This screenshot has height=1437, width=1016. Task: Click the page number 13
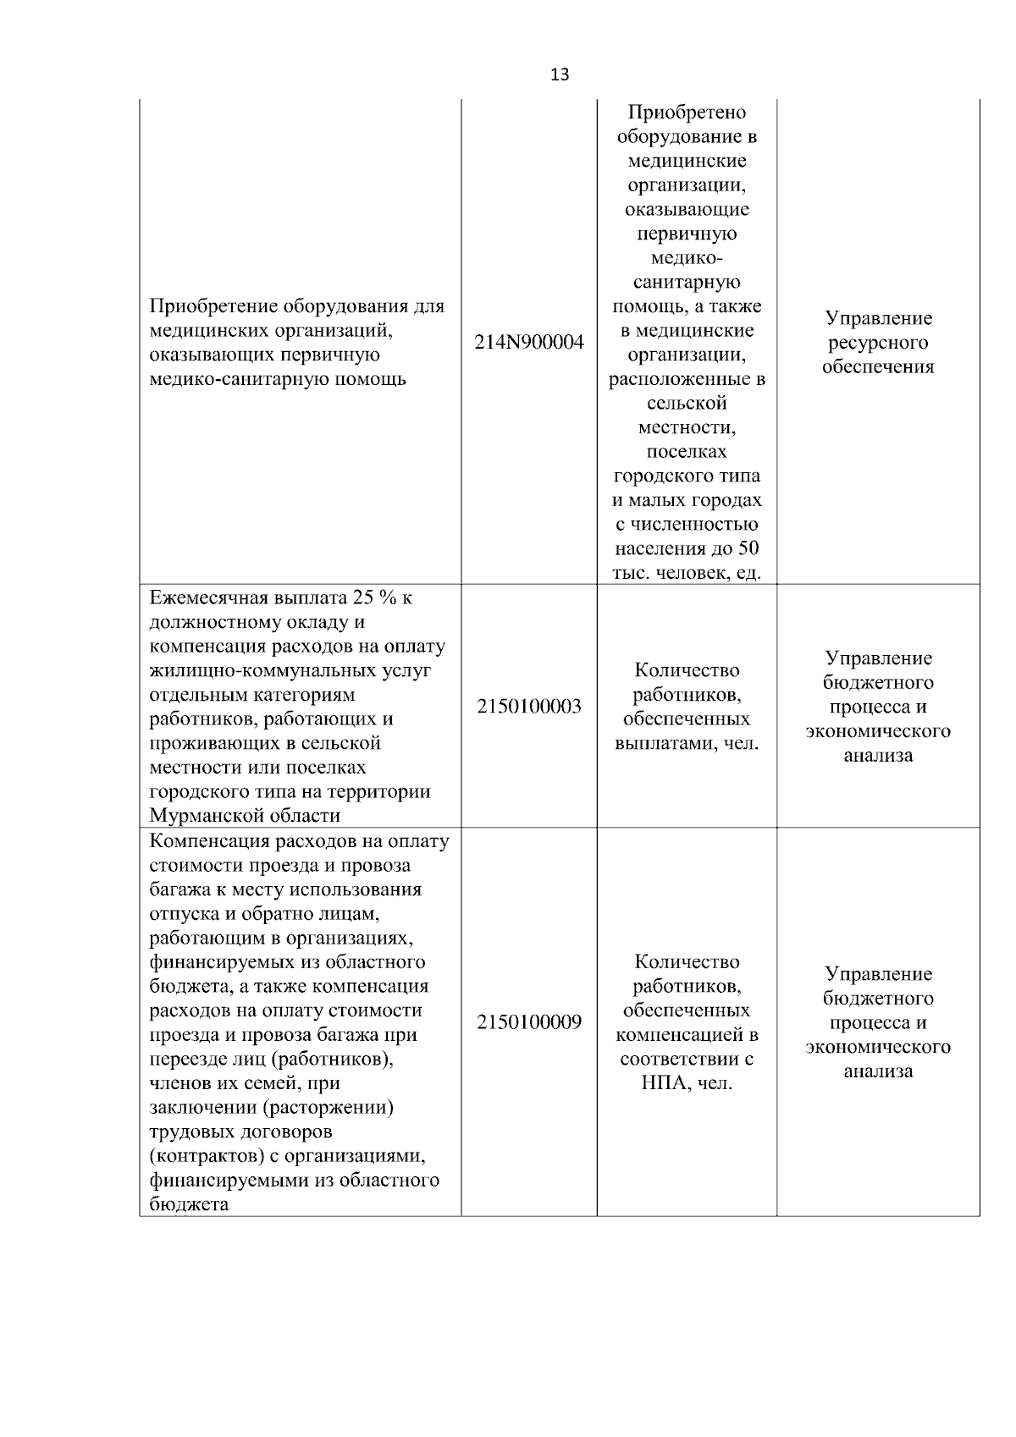tap(560, 74)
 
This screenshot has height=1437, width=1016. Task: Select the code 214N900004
tap(529, 343)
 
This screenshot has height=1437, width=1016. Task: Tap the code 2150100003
tap(529, 707)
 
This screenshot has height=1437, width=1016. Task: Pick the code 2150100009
tap(529, 1022)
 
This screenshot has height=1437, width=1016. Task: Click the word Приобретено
tap(687, 113)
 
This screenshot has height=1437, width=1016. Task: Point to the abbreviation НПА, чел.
tap(687, 1083)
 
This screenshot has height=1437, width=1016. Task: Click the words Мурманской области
tap(245, 816)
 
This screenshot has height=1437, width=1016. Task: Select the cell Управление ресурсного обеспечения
tap(878, 343)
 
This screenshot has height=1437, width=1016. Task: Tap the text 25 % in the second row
tap(371, 598)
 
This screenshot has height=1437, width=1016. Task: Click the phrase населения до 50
tap(687, 548)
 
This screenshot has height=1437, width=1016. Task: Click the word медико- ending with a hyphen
tap(687, 258)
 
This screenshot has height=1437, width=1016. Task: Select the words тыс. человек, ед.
tap(687, 573)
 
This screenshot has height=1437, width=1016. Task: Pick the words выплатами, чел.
tap(687, 744)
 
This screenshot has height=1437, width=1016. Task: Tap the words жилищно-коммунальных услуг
tap(290, 671)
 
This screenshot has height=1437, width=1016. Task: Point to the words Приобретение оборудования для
tap(296, 306)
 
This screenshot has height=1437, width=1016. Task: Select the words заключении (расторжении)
tap(271, 1108)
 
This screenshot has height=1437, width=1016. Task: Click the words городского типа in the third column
tap(687, 476)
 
